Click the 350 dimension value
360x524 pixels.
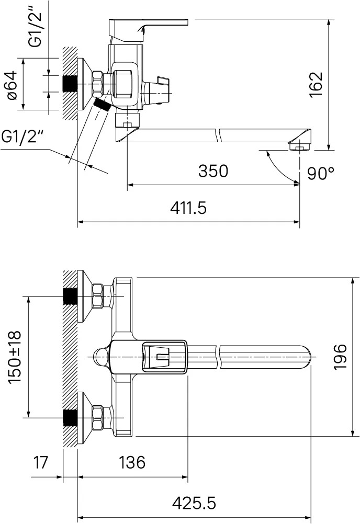(x=213, y=171)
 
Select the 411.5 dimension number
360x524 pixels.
(x=188, y=208)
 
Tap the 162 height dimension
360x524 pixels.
(x=316, y=85)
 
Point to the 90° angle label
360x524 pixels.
(x=321, y=173)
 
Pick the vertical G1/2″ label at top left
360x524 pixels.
(x=35, y=25)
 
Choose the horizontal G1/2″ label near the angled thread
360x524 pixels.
(x=22, y=136)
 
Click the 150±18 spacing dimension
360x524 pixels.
(x=14, y=357)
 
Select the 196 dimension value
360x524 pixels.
(x=341, y=357)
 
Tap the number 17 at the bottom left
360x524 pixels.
(x=41, y=462)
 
